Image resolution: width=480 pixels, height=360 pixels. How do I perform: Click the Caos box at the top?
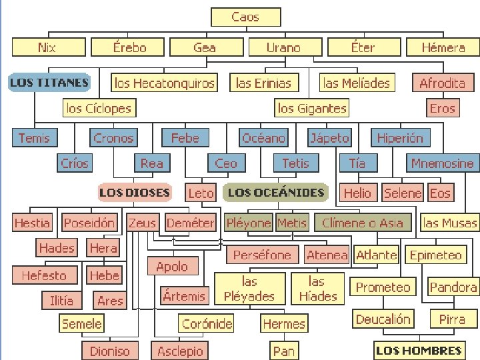245,17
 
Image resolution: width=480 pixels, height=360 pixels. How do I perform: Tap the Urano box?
283,47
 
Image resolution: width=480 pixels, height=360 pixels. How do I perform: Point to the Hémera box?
443,47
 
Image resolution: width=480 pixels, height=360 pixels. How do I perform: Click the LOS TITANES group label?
49,83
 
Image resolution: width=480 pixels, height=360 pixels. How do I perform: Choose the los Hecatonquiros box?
165,83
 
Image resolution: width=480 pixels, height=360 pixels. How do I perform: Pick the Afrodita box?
442,83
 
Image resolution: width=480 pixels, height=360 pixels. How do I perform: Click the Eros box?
442,108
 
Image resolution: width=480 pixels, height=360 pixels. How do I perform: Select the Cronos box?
113,138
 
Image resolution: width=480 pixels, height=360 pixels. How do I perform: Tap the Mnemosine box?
442,163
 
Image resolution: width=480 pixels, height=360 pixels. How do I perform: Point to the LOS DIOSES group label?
135,193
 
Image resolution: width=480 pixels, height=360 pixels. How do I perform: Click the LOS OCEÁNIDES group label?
275,193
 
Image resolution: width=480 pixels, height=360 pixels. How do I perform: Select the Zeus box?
143,223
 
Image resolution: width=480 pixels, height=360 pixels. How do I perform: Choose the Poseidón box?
89,223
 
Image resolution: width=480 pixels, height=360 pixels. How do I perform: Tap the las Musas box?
451,223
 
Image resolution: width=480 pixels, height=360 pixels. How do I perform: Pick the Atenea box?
327,255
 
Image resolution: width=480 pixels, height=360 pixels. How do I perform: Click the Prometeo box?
383,287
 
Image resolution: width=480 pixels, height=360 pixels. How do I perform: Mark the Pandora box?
453,287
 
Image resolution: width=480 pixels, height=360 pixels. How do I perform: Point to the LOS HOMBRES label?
419,350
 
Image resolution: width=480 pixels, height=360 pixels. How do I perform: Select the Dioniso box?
109,350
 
